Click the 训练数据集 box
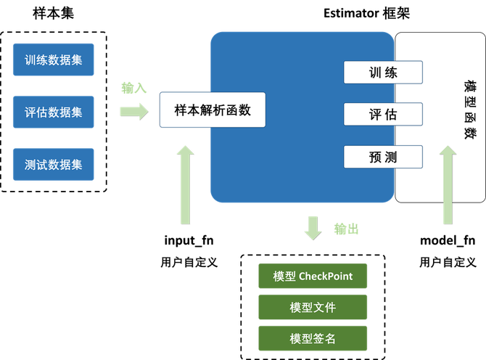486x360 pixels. coord(54,60)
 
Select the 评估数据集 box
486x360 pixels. coord(54,112)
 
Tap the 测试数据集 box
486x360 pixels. coord(54,165)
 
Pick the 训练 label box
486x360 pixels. coord(382,73)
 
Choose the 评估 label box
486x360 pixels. coord(382,114)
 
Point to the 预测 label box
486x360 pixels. coord(382,156)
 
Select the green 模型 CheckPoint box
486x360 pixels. coord(313,277)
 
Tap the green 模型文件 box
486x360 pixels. coord(313,307)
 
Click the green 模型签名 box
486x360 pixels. coord(313,338)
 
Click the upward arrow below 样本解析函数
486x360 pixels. coord(186,181)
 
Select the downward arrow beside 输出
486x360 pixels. coord(314,226)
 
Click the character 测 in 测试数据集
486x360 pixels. coord(30,165)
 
